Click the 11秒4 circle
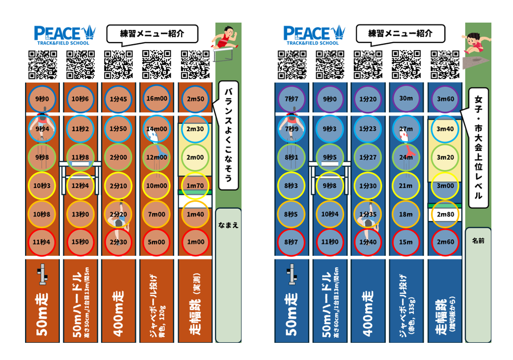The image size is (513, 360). click(42, 242)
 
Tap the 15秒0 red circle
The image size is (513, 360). click(80, 242)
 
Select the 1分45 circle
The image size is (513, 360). click(118, 99)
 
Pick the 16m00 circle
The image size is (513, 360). click(157, 99)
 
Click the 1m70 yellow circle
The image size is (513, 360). click(195, 186)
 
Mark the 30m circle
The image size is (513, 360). click(406, 99)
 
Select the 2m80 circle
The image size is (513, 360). click(445, 214)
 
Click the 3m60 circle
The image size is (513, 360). click(445, 99)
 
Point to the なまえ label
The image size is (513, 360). click(228, 225)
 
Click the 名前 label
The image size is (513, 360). click(478, 241)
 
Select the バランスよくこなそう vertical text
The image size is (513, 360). click(228, 136)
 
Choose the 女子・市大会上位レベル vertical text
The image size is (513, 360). click(478, 147)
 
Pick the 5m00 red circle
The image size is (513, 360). click(157, 242)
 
